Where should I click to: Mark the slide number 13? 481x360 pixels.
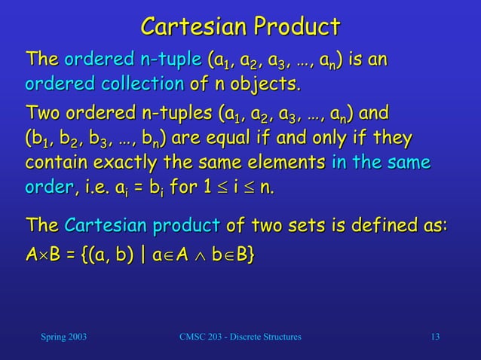pyautogui.click(x=434, y=335)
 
